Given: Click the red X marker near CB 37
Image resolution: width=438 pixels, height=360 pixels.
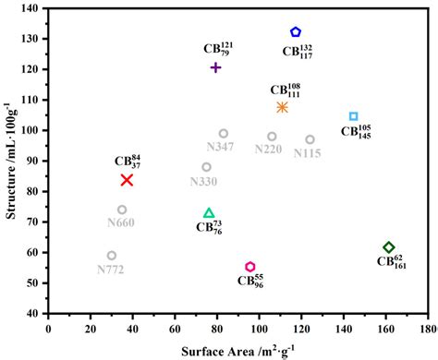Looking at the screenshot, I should pyautogui.click(x=127, y=180).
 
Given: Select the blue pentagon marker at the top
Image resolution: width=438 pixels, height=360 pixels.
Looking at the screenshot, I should pyautogui.click(x=296, y=32).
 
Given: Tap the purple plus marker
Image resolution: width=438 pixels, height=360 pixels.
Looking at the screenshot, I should pyautogui.click(x=215, y=67).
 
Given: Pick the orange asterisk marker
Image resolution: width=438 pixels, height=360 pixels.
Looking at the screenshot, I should pyautogui.click(x=282, y=107).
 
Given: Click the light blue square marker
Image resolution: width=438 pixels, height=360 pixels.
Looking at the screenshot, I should pyautogui.click(x=353, y=116).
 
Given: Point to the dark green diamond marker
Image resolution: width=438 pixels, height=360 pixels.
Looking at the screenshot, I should pyautogui.click(x=389, y=246).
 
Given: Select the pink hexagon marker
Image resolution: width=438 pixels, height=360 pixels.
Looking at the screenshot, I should pyautogui.click(x=249, y=267).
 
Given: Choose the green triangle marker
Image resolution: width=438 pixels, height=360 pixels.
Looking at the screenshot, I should pyautogui.click(x=209, y=213).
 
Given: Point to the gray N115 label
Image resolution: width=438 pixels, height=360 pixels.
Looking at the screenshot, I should pyautogui.click(x=307, y=153).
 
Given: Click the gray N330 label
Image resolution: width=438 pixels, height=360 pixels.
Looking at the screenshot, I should pyautogui.click(x=203, y=182).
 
